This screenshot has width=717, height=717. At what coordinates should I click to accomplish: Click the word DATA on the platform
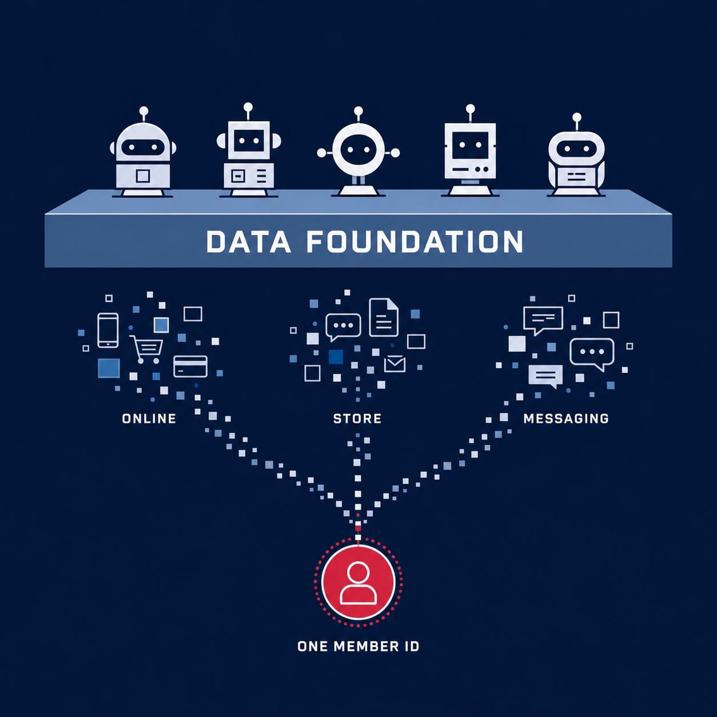pos(248,241)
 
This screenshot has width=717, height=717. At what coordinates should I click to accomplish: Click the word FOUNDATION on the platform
pos(415,241)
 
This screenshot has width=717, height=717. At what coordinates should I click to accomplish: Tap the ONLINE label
pos(149,419)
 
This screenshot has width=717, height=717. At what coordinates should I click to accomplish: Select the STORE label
pos(357,419)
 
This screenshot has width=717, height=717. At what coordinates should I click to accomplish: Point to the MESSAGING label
pos(566,419)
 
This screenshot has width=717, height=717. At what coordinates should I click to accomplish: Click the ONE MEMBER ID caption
pos(358,646)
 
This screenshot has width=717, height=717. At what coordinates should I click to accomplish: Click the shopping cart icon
pos(146,349)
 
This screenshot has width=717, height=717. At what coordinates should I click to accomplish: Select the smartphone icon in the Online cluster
pos(108,330)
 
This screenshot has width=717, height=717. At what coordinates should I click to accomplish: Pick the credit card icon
pos(190,367)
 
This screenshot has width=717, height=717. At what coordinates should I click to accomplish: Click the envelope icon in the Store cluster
pos(395,364)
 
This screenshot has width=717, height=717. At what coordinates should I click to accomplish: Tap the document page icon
pos(384,317)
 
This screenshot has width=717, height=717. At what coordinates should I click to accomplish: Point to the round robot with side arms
pos(358,153)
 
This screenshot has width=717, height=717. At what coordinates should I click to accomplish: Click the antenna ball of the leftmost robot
pos(144,111)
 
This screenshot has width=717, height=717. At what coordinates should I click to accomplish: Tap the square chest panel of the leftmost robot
pos(143,176)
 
